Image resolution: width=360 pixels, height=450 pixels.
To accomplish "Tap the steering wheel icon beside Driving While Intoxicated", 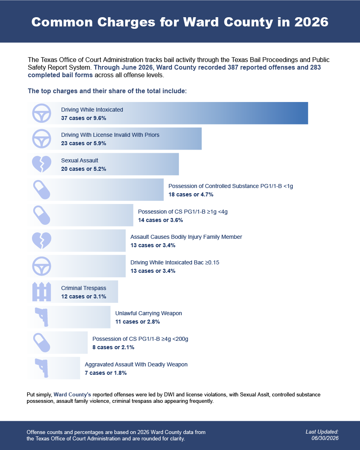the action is click(42, 113).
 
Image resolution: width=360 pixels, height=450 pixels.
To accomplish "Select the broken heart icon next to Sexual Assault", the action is click(42, 164).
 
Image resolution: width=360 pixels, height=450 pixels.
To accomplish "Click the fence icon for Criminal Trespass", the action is click(42, 292).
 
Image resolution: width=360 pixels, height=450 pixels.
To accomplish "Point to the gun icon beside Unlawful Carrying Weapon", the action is click(42, 317).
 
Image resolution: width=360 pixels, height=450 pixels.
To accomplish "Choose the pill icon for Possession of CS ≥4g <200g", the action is click(42, 342).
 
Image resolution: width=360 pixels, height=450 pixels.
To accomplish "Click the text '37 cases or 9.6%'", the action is click(84, 118).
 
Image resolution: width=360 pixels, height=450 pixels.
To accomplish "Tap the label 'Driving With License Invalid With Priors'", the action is click(110, 135).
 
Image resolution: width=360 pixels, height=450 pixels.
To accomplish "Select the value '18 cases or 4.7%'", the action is click(191, 194).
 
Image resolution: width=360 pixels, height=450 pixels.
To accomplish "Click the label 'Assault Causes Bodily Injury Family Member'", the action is click(186, 237).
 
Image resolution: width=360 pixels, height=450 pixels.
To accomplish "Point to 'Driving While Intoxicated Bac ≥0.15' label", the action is click(175, 262).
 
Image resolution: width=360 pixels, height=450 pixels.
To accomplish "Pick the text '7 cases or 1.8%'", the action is click(106, 373).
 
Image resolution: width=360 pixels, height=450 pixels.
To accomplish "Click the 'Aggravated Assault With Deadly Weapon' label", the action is click(136, 364).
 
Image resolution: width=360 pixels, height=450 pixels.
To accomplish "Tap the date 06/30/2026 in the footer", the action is click(325, 438).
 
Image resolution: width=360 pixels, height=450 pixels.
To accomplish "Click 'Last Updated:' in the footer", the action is click(322, 432).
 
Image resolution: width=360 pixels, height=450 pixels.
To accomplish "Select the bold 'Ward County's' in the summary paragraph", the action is click(72, 395).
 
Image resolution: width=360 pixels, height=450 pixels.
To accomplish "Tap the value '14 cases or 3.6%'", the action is click(160, 220).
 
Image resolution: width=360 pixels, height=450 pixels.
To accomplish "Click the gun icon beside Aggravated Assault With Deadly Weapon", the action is click(42, 368).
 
